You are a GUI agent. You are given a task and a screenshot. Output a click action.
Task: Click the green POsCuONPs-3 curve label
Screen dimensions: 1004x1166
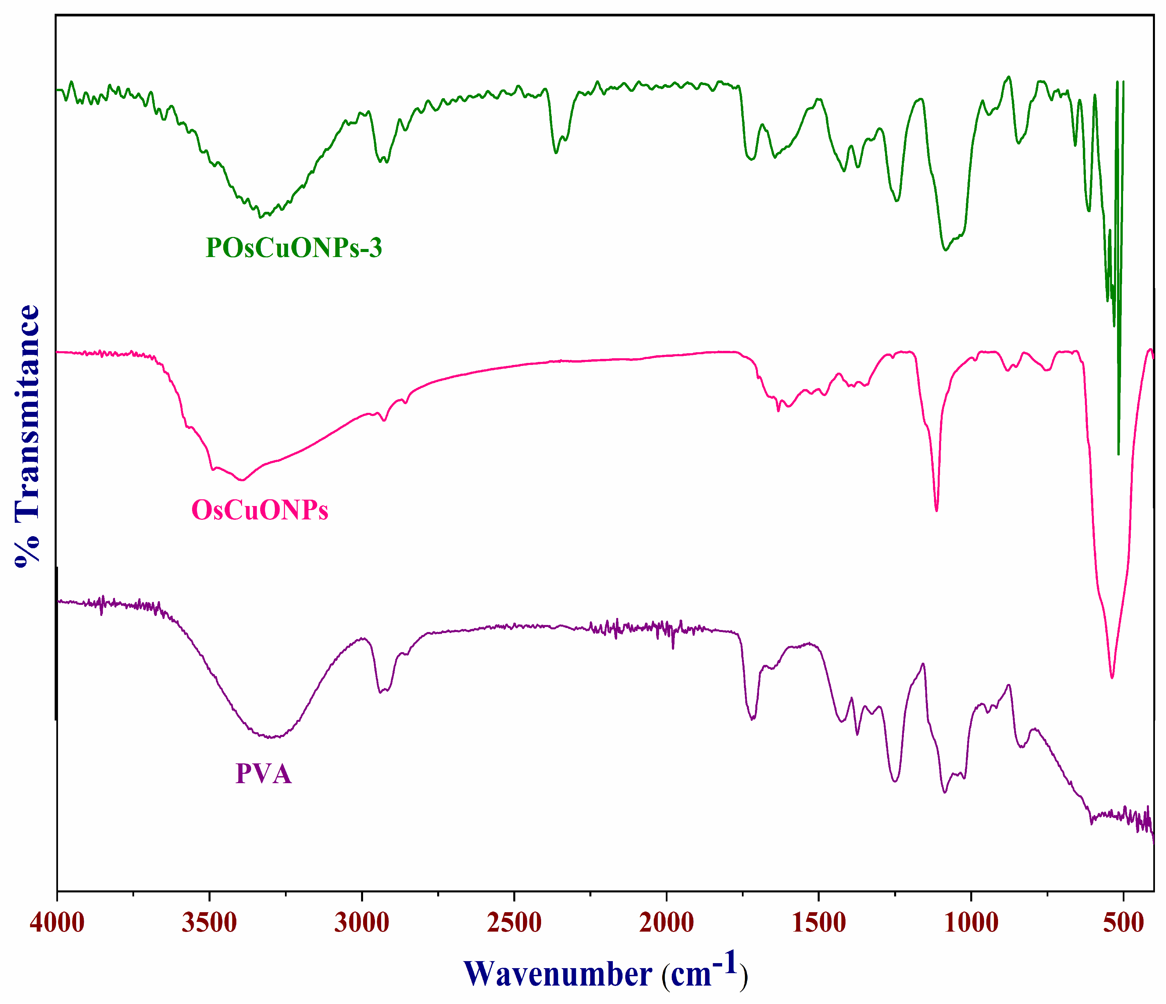[294, 248]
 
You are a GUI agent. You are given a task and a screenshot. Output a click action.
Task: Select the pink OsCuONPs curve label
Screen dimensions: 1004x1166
[260, 510]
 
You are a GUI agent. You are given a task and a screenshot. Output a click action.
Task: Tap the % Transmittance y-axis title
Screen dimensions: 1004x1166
[27, 436]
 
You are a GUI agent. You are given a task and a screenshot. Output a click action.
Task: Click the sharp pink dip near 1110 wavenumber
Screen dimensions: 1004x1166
[936, 510]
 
